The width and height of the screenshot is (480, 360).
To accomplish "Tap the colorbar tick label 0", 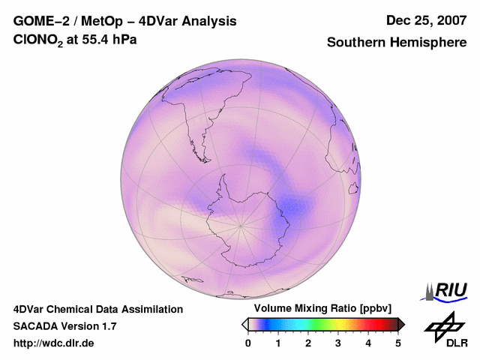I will pyautogui.click(x=248, y=343).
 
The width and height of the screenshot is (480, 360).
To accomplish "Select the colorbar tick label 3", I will pyautogui.click(x=338, y=343).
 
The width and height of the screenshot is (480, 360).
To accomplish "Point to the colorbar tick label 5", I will pyautogui.click(x=398, y=343).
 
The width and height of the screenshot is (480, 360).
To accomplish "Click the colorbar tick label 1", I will pyautogui.click(x=278, y=343).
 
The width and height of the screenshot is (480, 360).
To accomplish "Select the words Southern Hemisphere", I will pyautogui.click(x=397, y=43).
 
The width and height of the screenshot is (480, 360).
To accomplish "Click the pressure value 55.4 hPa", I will pyautogui.click(x=110, y=40).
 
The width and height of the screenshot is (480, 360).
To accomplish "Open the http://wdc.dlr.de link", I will pyautogui.click(x=54, y=343).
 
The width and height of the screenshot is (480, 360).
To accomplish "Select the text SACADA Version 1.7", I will pyautogui.click(x=64, y=326).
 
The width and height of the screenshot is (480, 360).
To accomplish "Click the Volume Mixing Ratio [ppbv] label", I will pyautogui.click(x=319, y=308).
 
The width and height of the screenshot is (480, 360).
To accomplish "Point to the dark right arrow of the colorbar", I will pyautogui.click(x=401, y=324).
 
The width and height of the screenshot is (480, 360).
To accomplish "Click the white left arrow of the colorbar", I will pyautogui.click(x=244, y=324).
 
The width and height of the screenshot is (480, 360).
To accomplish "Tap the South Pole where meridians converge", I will pyautogui.click(x=241, y=224).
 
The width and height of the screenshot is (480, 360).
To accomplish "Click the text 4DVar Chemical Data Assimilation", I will pyautogui.click(x=98, y=309).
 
